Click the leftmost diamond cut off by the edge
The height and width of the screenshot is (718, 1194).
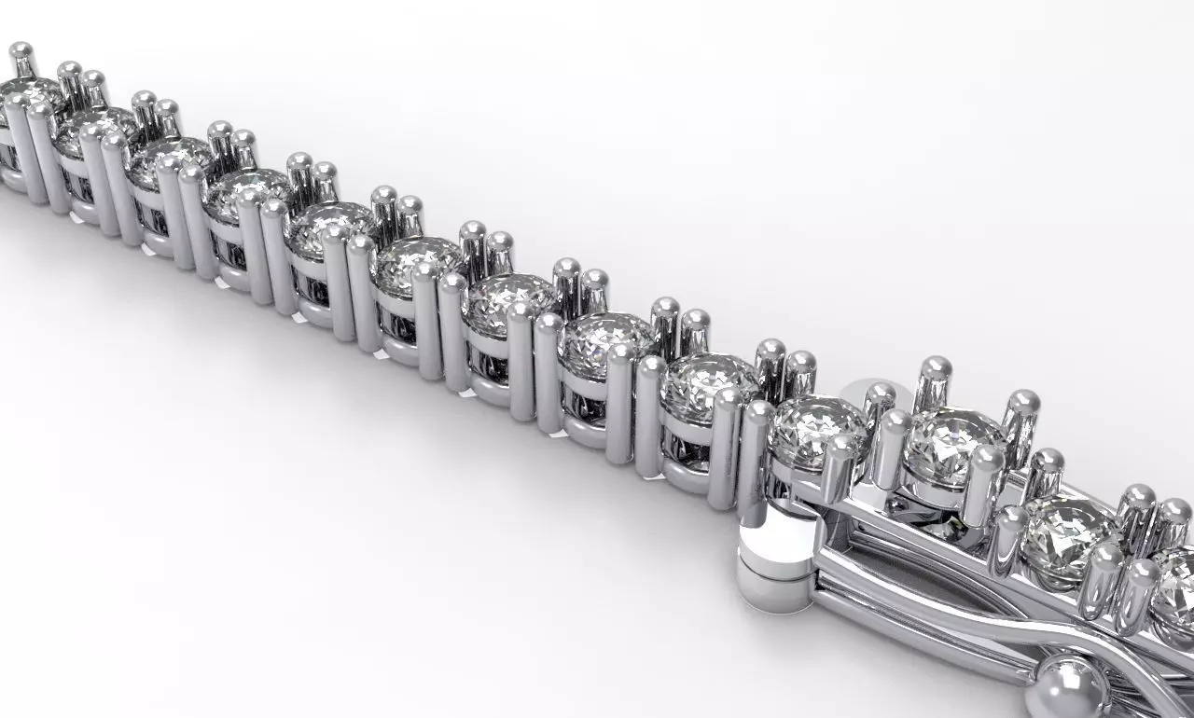point(26,93)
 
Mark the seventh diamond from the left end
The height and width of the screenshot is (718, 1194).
point(509,297)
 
